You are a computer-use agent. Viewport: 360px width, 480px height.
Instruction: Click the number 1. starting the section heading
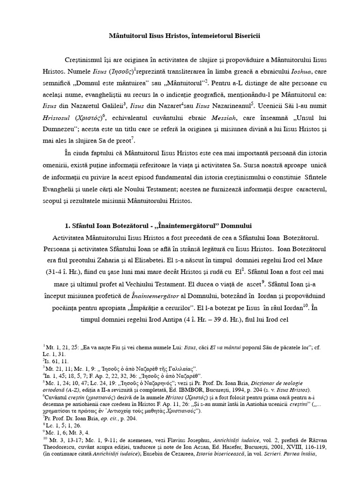tap(67, 226)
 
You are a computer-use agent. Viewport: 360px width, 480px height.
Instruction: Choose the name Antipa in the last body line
tap(174, 321)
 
